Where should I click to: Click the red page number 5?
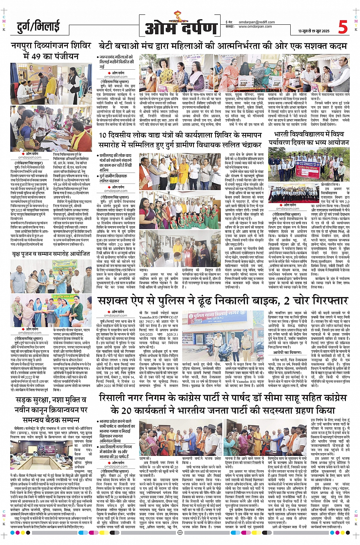coord(343,27)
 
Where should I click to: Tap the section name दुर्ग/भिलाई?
coord(38,27)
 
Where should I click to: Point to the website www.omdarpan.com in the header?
coord(255,27)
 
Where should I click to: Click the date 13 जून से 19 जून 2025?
coord(314,31)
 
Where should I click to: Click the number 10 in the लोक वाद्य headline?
coord(103,135)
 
